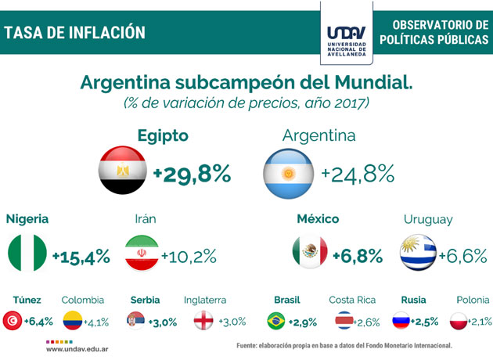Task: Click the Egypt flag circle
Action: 123,171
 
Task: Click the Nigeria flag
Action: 27,254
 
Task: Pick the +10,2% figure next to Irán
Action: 189,256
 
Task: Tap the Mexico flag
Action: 309,254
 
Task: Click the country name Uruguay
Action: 428,220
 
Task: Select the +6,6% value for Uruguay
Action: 462,255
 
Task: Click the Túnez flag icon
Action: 13,321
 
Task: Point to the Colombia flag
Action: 73,321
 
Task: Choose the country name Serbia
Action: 146,300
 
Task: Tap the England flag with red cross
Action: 203,321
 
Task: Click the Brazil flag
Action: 276,321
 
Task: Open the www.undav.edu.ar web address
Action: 77,349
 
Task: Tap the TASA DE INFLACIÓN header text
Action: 75,33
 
